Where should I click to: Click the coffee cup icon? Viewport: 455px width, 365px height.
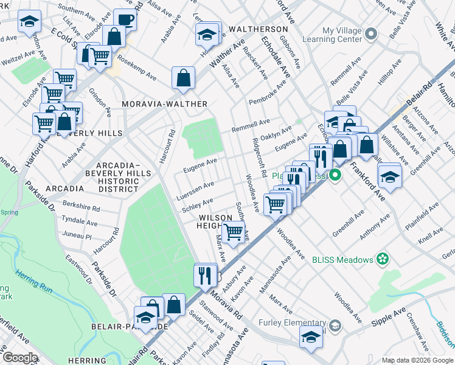pos(125,19)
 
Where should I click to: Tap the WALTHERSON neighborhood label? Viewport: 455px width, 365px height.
pos(258,29)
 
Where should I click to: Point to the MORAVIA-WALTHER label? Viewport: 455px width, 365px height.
pos(165,104)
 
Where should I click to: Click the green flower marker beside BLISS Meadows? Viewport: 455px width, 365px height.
pos(382,260)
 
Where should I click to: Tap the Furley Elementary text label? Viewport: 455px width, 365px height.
pos(292,322)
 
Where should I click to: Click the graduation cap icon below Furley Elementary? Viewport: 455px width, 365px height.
pos(311,337)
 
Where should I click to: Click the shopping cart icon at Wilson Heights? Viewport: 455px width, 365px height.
pos(234,231)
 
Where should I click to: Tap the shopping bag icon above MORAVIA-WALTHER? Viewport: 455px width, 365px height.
pos(183,77)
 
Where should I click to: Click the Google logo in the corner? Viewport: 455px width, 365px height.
pos(20,358)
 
